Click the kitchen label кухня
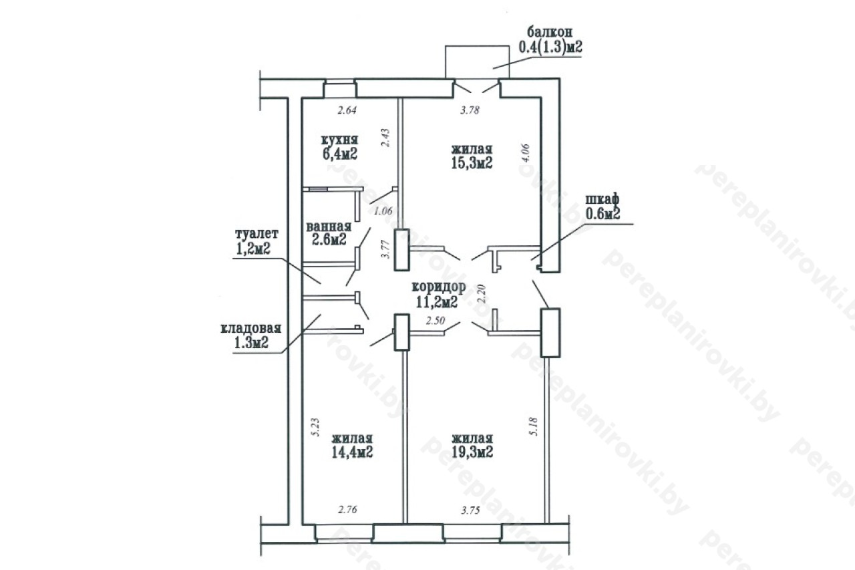pos(339,140)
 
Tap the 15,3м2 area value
pos(472,163)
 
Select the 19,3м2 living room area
pos(472,452)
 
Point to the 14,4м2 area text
pos(352,452)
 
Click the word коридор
pos(439,287)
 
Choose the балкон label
pos(550,31)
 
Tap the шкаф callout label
pos(603,200)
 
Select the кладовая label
pos(251,329)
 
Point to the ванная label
pos(329,227)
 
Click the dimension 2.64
pos(347,110)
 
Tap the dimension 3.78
pos(470,110)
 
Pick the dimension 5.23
pos(316,427)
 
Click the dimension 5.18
pos(534,426)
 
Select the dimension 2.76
pos(347,509)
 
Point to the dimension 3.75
pos(470,511)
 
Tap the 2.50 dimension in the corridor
pos(436,320)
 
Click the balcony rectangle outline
pos(477,46)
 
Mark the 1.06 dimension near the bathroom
pos(383,211)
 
